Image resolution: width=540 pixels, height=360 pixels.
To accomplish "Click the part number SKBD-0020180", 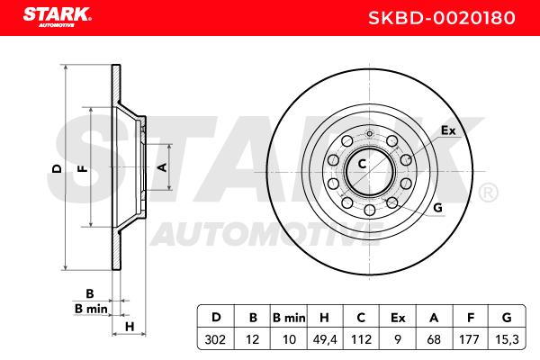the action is pos(442,18).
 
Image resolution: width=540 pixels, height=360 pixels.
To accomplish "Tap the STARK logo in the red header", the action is pos(58,16).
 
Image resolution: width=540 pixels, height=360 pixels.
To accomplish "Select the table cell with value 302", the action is pos(215,339).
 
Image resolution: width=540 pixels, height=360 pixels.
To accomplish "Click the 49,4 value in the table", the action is pos(324,339).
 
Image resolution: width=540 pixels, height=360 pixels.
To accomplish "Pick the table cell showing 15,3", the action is pos(507,339).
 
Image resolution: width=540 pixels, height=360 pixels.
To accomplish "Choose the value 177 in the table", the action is pos(469,339).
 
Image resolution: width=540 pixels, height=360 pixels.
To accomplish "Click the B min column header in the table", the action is pos(289,318).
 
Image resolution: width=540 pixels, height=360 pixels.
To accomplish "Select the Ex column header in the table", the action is pos(398,318).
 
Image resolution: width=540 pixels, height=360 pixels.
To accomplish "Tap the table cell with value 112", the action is pos(361,339).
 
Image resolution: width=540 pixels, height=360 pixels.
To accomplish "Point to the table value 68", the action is pos(434,339).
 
